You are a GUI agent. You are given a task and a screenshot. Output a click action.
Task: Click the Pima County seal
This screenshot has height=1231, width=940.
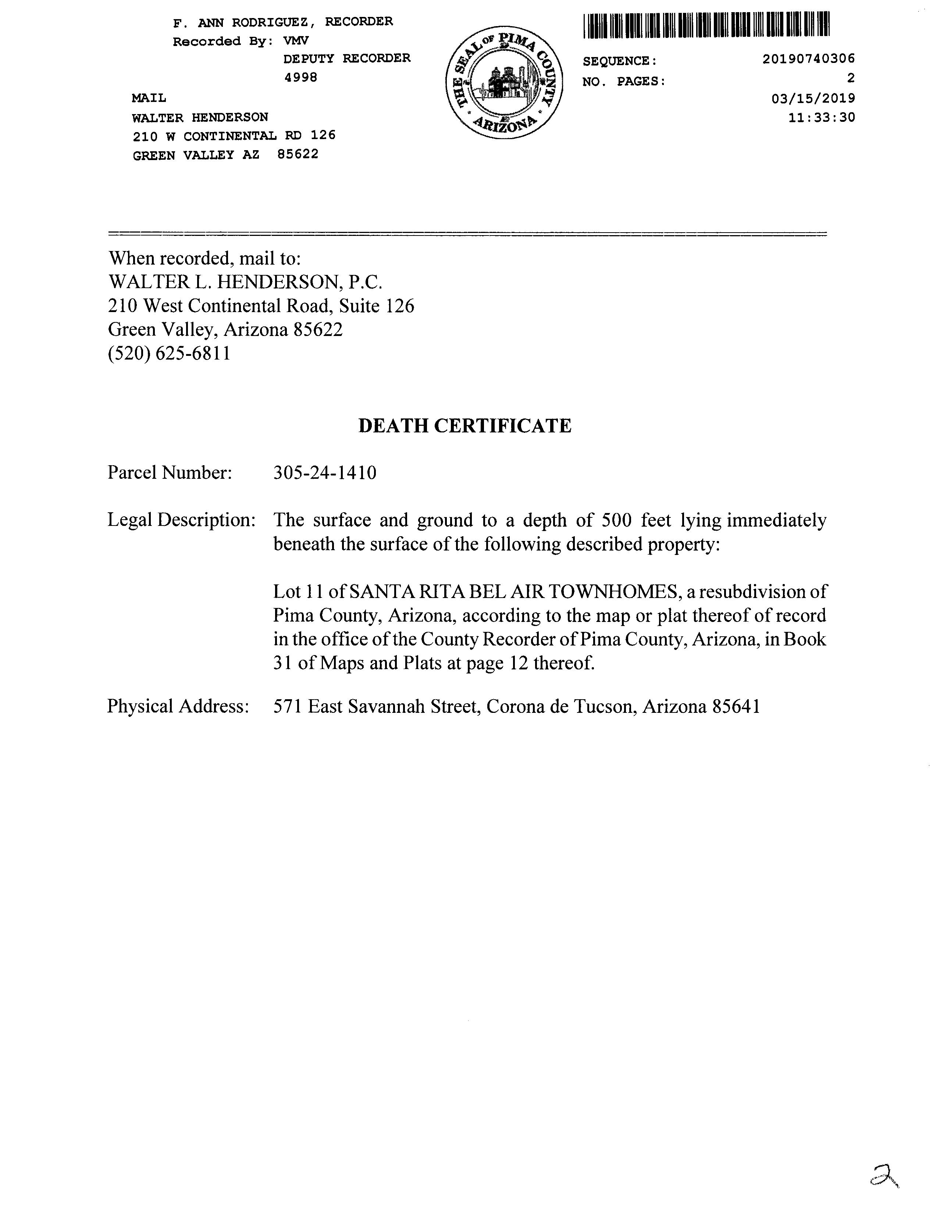pos(504,84)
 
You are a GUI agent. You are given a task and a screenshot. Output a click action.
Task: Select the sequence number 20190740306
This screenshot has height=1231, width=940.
pos(808,59)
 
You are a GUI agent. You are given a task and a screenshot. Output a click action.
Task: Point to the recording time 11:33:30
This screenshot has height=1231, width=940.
pos(821,117)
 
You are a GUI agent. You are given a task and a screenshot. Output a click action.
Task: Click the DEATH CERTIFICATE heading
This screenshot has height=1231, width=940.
pos(464,426)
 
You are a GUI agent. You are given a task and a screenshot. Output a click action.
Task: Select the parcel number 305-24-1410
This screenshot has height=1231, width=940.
pos(324,473)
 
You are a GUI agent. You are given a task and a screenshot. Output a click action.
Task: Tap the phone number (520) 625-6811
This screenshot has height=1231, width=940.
pos(169,354)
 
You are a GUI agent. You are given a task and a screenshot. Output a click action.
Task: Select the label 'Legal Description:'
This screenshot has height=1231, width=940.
pos(181,520)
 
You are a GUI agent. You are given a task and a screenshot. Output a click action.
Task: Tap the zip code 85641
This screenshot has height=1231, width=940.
pos(736,707)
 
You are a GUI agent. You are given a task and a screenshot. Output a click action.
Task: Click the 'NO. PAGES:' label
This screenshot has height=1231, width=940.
pos(624,82)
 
